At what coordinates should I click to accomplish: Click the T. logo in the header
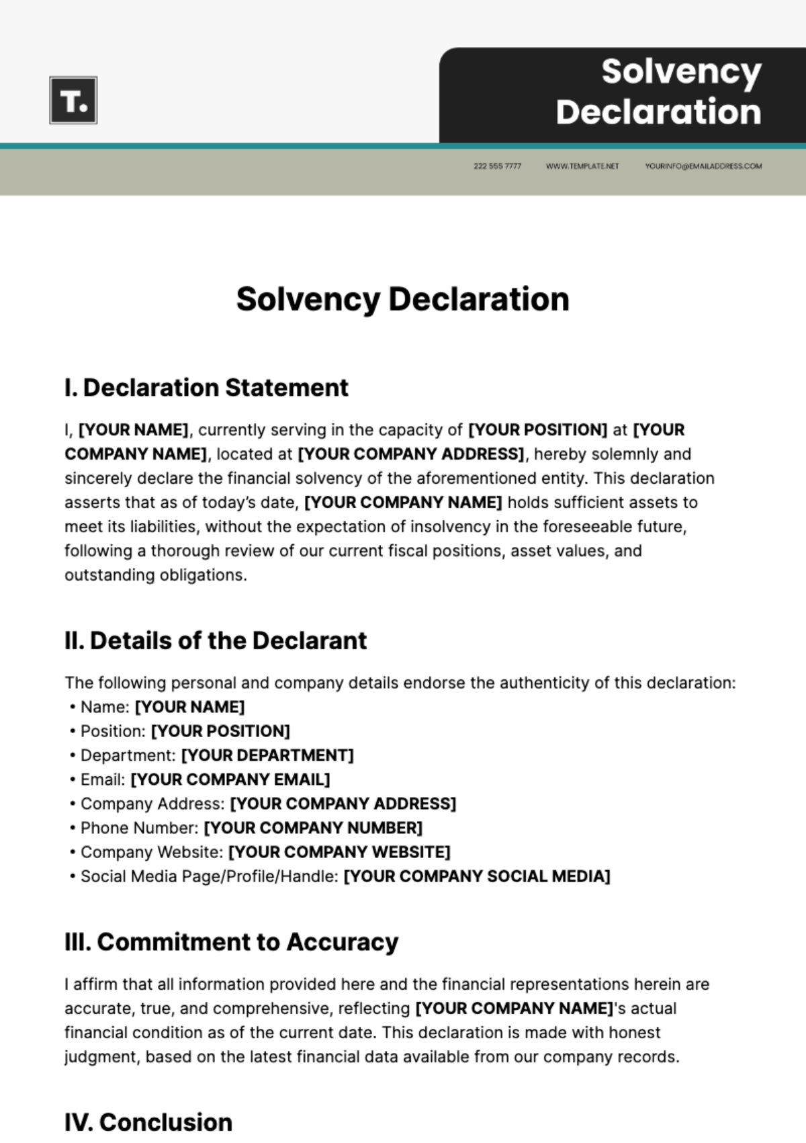(x=73, y=100)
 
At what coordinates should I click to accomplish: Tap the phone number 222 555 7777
(x=497, y=166)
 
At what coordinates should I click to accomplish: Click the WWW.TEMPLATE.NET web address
(x=582, y=166)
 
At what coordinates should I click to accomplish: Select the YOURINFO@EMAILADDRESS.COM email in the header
(x=703, y=166)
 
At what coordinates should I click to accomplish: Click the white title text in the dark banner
(x=659, y=91)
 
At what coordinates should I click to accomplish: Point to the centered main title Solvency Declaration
(x=402, y=299)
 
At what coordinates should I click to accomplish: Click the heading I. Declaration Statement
(x=206, y=388)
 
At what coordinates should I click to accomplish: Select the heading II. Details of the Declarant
(x=216, y=640)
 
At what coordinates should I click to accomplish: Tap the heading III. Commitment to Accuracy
(x=231, y=941)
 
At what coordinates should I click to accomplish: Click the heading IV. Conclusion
(x=148, y=1121)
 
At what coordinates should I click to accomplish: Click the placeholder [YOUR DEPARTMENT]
(x=267, y=755)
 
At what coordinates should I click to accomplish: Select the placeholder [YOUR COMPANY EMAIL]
(x=230, y=779)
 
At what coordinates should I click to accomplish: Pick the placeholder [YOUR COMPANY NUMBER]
(x=313, y=828)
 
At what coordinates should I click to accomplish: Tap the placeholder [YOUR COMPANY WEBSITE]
(x=339, y=852)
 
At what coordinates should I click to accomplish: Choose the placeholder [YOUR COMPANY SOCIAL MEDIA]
(x=476, y=876)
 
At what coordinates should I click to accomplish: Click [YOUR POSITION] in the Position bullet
(x=220, y=731)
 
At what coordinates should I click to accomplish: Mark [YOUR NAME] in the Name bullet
(x=189, y=707)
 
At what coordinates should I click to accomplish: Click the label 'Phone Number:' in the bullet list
(x=139, y=828)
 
